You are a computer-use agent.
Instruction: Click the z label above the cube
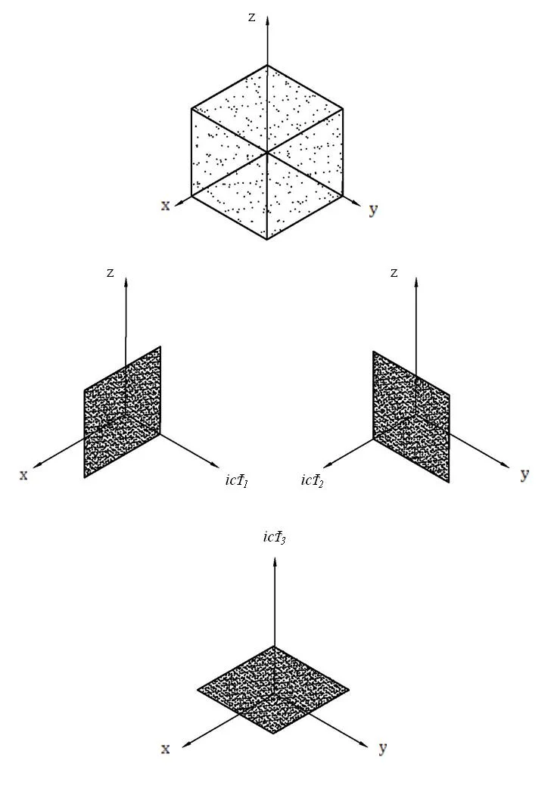pyautogui.click(x=252, y=17)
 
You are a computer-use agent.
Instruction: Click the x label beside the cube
pyautogui.click(x=166, y=205)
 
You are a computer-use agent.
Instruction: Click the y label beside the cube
pyautogui.click(x=372, y=209)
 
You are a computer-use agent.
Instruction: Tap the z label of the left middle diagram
pyautogui.click(x=110, y=272)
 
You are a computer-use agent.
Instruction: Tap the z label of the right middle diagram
pyautogui.click(x=394, y=272)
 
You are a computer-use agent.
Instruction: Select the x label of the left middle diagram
pyautogui.click(x=23, y=474)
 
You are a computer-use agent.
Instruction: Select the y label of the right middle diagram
pyautogui.click(x=524, y=474)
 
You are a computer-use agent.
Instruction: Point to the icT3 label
pyautogui.click(x=274, y=537)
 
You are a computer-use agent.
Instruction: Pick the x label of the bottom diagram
pyautogui.click(x=165, y=748)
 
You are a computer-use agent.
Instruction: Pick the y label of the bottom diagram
pyautogui.click(x=382, y=748)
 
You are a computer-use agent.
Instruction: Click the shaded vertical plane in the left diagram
pyautogui.click(x=123, y=412)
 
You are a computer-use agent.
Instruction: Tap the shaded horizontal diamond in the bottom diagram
pyautogui.click(x=273, y=689)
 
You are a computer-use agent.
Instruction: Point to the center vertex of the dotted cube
pyautogui.click(x=267, y=153)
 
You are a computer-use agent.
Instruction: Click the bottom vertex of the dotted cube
pyautogui.click(x=267, y=239)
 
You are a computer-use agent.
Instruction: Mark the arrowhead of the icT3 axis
pyautogui.click(x=274, y=560)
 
